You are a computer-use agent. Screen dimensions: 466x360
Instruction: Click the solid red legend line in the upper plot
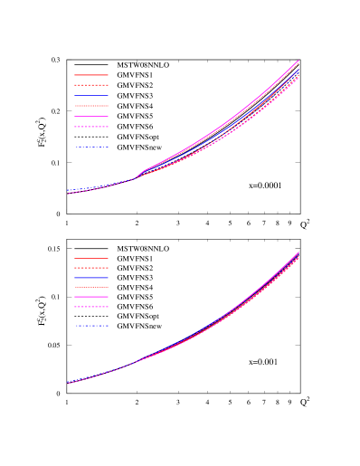point(90,75)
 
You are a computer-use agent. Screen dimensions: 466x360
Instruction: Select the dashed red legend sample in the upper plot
point(90,85)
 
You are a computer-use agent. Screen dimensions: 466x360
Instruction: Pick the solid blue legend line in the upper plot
point(90,95)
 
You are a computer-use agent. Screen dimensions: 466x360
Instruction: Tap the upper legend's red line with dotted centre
point(90,106)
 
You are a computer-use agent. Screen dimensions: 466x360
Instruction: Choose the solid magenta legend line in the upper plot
point(90,117)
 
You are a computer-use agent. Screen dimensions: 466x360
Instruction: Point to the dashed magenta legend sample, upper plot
point(90,127)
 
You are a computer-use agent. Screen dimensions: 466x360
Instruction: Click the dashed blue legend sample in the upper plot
point(90,147)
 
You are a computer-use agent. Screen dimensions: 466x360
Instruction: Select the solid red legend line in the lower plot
point(90,258)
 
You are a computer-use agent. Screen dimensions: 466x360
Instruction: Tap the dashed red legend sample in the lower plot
point(90,268)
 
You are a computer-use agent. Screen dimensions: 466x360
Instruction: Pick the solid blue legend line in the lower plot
point(90,278)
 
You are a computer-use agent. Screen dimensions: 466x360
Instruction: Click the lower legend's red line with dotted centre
point(90,287)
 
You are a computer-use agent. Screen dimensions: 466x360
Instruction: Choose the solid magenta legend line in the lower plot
point(90,297)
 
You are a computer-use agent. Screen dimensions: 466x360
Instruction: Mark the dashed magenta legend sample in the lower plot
point(90,307)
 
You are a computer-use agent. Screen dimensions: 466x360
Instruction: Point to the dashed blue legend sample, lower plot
point(90,326)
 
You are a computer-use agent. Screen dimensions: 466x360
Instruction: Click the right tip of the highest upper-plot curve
point(298,61)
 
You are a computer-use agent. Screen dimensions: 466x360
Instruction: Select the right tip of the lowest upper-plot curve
point(298,77)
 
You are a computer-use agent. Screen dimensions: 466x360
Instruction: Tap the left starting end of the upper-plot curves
point(68,193)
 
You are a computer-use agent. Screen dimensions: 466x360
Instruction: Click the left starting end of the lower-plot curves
point(68,383)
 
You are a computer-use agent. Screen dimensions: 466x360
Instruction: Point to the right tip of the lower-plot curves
point(298,253)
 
